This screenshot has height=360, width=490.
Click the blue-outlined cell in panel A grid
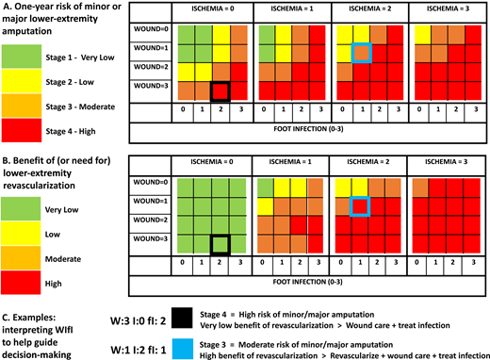tap(361, 54)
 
